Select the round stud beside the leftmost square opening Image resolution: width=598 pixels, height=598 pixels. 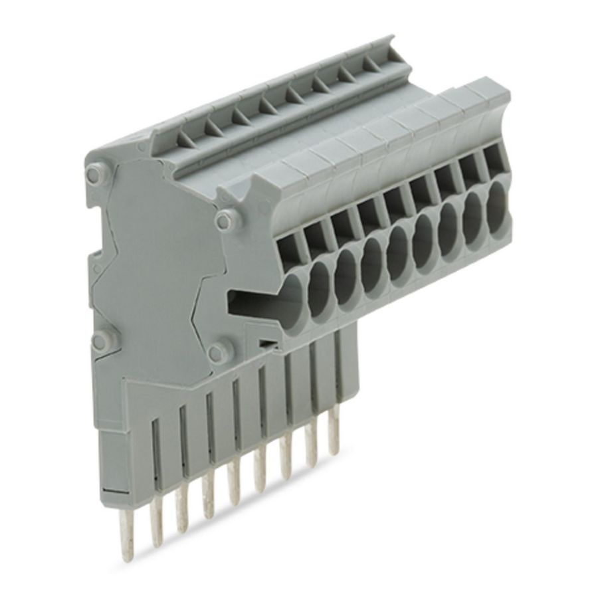click(225, 219)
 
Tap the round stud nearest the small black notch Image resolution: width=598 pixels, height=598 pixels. click(219, 352)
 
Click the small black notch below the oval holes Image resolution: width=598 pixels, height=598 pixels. click(266, 344)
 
